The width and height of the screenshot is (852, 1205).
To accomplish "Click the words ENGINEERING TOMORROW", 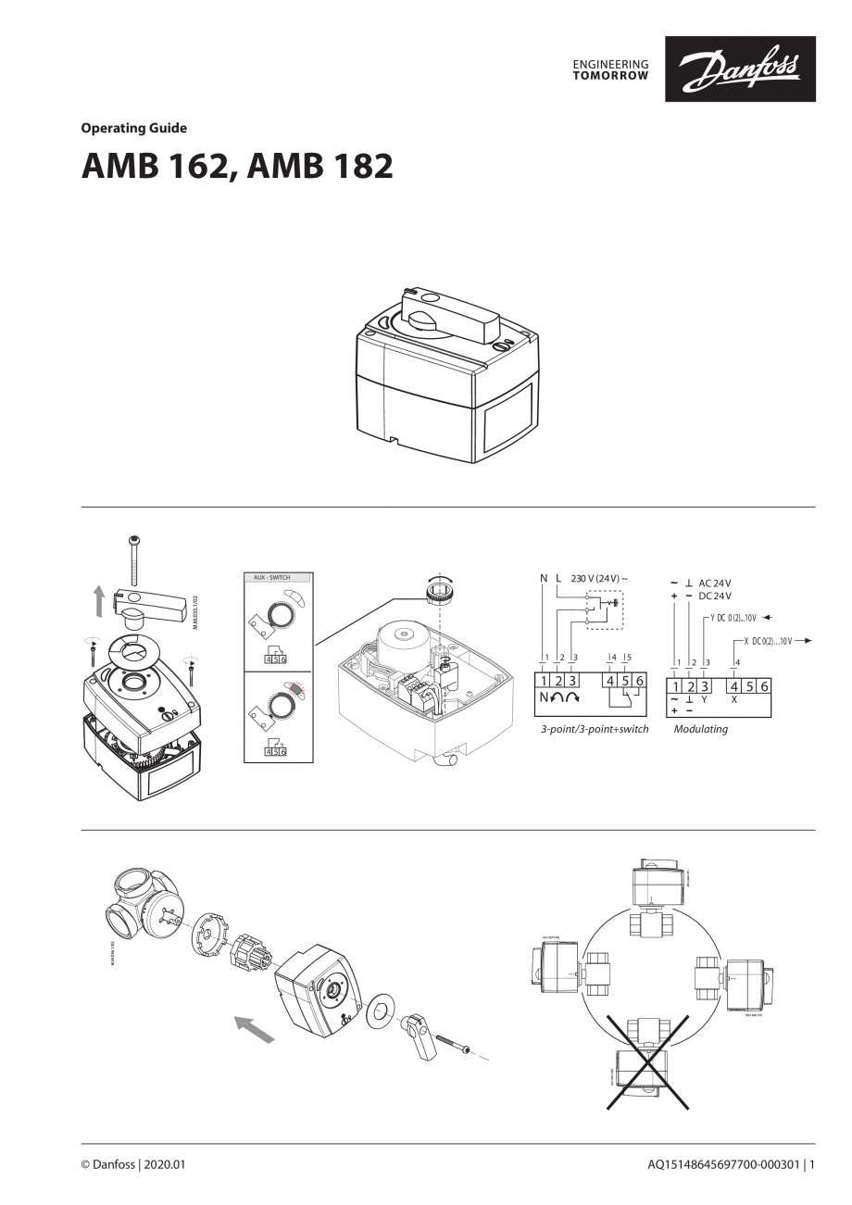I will tap(610, 69).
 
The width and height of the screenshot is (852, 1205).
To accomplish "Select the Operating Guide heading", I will tap(133, 129).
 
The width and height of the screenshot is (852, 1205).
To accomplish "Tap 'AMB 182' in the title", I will tap(317, 167).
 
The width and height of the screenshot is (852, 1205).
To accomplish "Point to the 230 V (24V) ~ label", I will tap(594, 578).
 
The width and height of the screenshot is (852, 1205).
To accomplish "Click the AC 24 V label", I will tap(715, 584).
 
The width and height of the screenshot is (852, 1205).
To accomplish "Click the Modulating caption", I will tap(700, 729).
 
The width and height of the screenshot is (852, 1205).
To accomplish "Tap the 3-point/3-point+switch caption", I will tap(595, 729).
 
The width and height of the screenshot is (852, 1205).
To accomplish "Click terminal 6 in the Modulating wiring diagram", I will tap(765, 686).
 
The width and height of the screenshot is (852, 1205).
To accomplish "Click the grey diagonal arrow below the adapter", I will tap(255, 1028).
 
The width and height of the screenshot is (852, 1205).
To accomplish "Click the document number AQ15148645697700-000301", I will tap(722, 1164).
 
